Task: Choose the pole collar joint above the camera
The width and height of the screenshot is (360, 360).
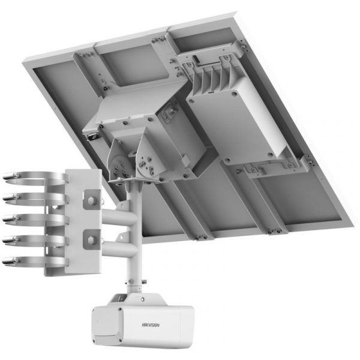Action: coord(131,282)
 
